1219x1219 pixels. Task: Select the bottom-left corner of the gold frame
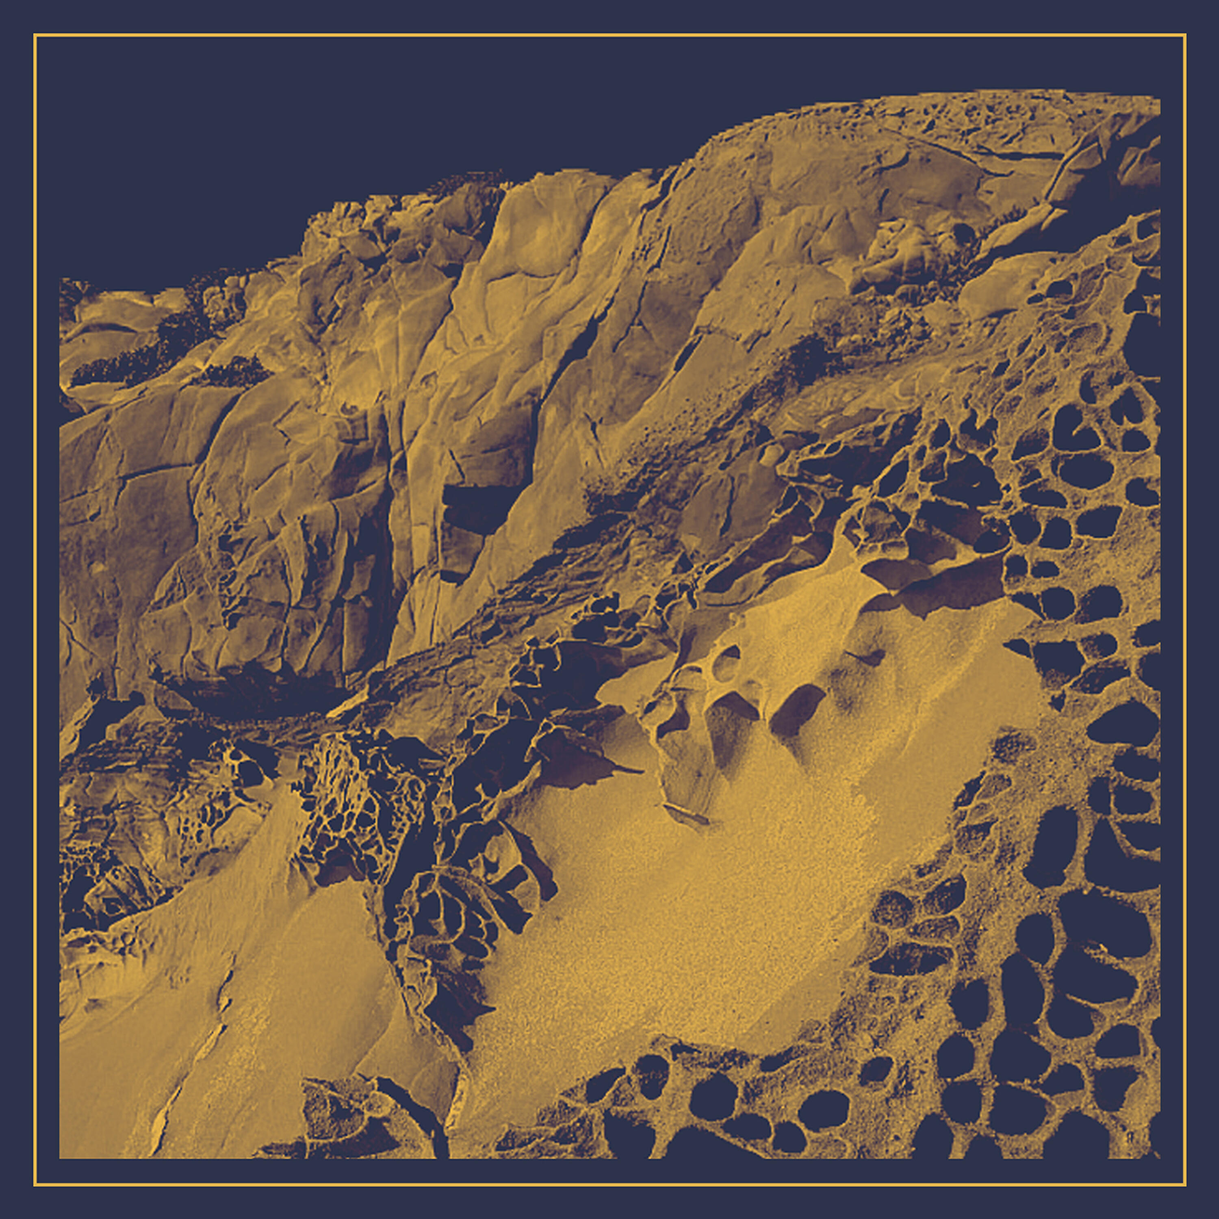[35, 1185]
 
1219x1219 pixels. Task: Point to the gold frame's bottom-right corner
[1185, 1185]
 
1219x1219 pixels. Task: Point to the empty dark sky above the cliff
[315, 126]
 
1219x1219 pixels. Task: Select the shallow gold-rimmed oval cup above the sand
[726, 662]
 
